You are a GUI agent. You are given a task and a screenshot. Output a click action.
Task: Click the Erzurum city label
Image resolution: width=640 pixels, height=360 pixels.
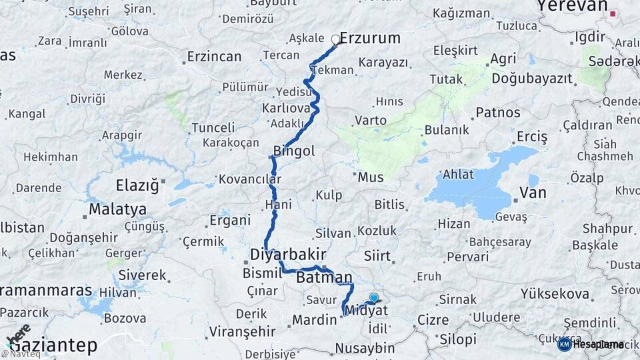click(370, 38)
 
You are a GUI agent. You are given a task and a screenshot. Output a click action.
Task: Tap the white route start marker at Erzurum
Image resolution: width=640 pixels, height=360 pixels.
click(336, 39)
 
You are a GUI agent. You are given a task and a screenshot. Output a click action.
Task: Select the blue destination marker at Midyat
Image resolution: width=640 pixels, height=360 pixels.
click(373, 298)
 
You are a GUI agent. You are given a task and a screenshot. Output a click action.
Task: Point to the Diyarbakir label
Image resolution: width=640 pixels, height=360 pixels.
click(288, 255)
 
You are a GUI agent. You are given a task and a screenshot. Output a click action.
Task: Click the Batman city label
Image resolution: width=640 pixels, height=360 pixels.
click(324, 277)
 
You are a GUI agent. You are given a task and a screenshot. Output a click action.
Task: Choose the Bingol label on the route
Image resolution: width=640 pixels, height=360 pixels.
click(294, 151)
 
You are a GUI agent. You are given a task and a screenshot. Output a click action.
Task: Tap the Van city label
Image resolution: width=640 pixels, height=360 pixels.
click(533, 193)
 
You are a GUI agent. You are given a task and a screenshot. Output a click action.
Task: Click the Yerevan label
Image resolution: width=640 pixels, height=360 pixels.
click(572, 7)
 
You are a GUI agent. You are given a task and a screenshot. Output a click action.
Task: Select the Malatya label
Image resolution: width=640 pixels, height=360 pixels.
click(117, 209)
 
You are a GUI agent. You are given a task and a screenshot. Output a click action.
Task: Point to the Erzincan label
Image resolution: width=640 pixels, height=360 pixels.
click(214, 57)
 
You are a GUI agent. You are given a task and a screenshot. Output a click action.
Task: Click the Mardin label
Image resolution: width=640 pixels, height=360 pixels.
click(314, 320)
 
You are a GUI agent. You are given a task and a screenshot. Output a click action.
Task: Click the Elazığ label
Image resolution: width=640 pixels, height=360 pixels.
click(137, 185)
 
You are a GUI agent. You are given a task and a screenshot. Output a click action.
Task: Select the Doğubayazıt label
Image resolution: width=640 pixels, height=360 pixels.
click(532, 79)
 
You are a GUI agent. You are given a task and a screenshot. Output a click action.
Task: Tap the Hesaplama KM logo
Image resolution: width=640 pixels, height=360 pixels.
click(591, 344)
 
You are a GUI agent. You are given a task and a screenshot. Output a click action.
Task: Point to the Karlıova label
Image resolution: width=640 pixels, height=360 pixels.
click(287, 107)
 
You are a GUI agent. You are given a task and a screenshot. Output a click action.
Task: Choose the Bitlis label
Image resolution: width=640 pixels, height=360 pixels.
click(389, 204)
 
